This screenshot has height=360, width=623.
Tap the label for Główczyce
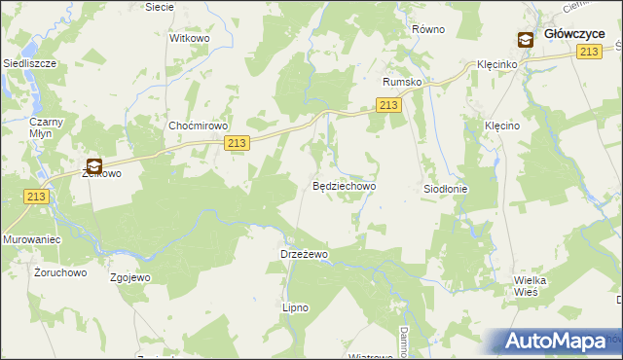(x=574, y=33)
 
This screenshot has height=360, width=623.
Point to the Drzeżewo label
(x=304, y=254)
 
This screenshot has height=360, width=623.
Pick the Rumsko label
(x=402, y=83)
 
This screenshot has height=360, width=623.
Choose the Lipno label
(x=295, y=307)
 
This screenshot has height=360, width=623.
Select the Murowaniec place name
(x=32, y=239)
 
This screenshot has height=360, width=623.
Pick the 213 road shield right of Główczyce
(x=587, y=52)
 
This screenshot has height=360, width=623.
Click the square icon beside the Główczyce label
(x=525, y=39)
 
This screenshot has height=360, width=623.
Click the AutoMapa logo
(x=560, y=342)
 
